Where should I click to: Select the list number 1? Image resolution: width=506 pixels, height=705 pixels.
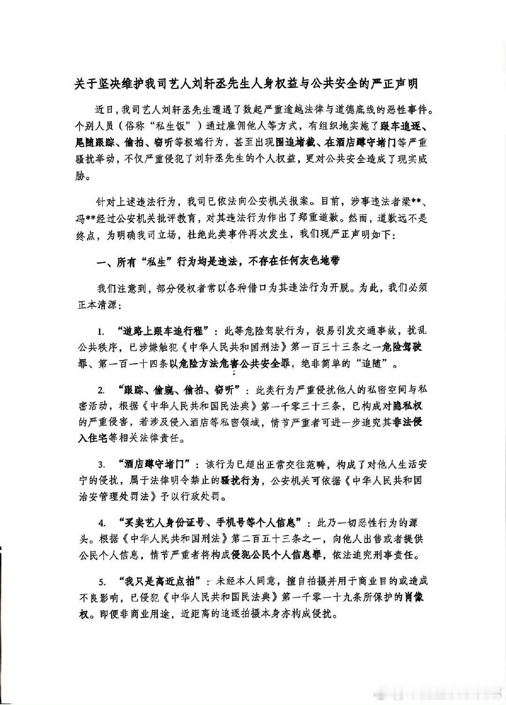pyautogui.click(x=100, y=332)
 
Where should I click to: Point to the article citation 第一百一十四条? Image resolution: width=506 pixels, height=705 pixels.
pyautogui.click(x=133, y=363)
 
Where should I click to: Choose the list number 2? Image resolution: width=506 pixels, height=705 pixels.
pyautogui.click(x=100, y=390)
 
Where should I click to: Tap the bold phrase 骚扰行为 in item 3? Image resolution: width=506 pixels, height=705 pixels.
pyautogui.click(x=240, y=480)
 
